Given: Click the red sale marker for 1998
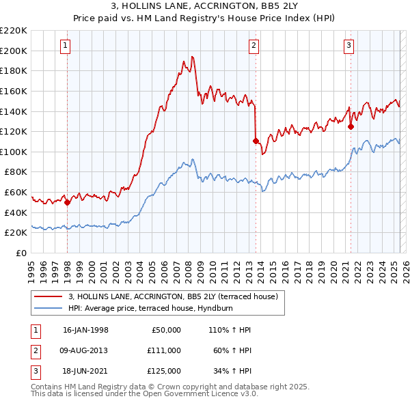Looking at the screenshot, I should [68, 202].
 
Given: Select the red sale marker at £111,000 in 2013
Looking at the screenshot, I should [256, 141].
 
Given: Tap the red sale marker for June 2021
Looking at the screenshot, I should [351, 126].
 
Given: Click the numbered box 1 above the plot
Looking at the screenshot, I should [66, 46].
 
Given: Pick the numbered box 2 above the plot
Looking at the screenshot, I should [254, 46].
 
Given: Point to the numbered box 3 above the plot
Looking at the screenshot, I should [348, 46].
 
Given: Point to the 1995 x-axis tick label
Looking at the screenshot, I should [31, 268].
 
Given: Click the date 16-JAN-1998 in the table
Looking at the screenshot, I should [85, 330].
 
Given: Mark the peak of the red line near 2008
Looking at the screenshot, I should [193, 56].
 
